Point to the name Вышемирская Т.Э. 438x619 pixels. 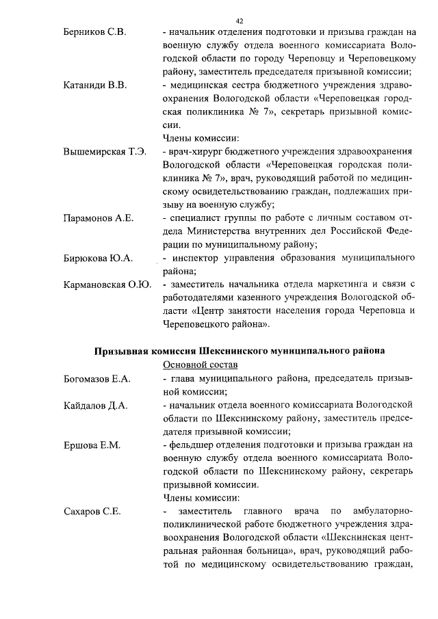point(104,151)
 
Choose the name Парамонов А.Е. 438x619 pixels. point(97,219)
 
